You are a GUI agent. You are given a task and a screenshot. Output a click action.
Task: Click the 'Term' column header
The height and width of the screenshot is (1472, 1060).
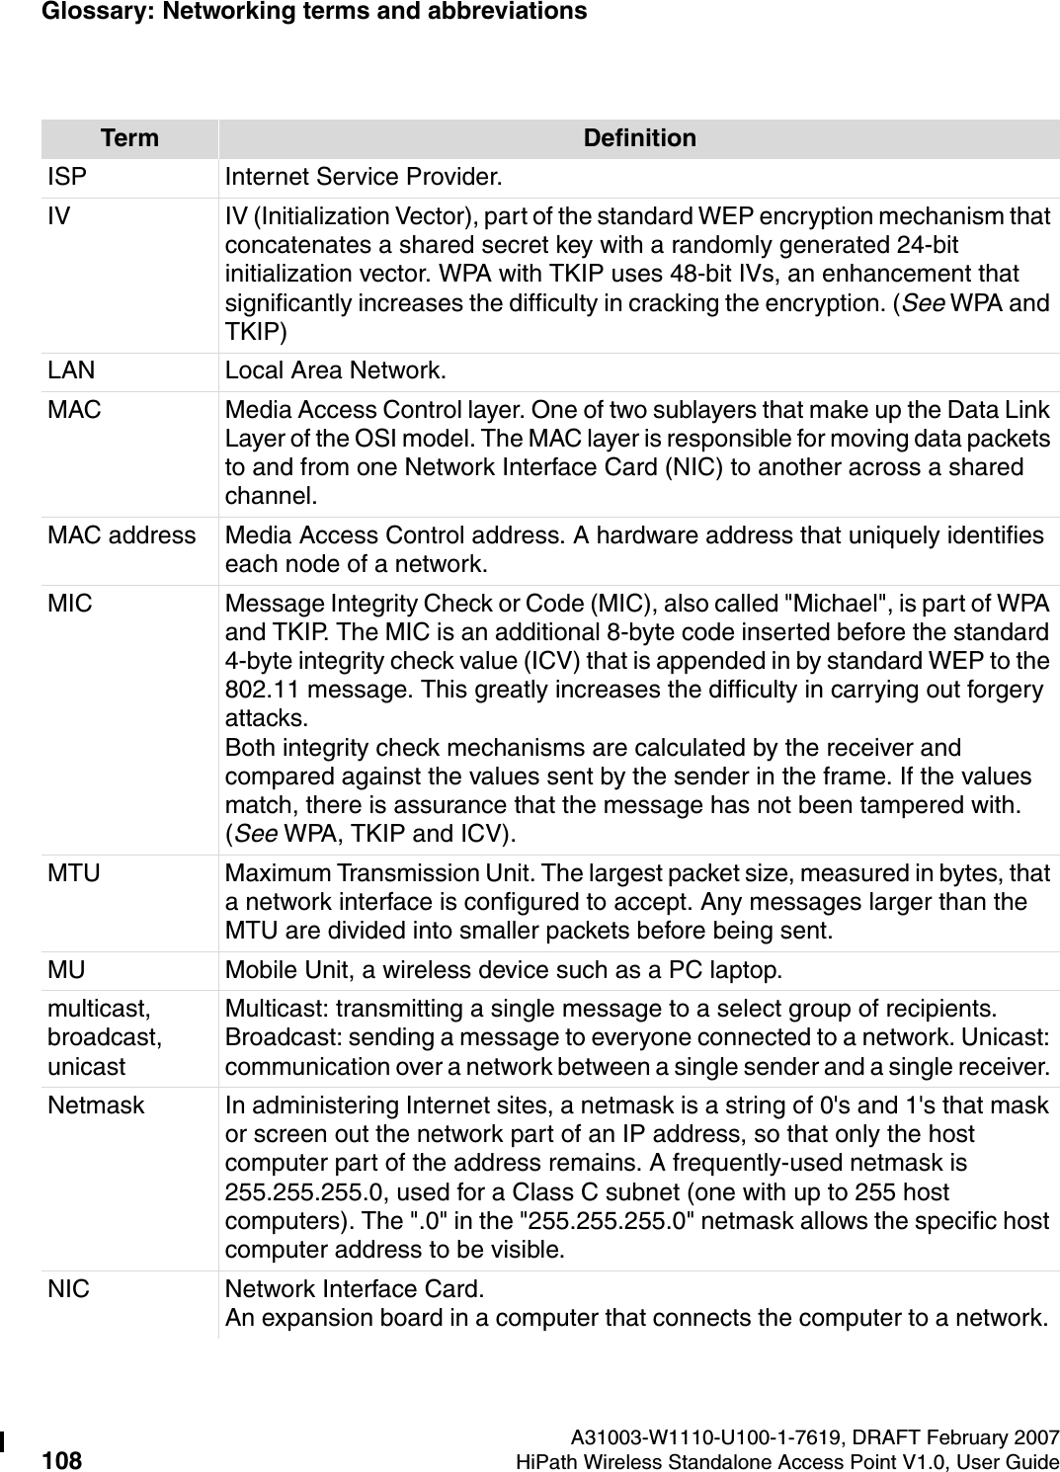(129, 138)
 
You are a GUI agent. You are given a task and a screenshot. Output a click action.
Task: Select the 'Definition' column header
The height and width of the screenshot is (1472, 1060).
(639, 138)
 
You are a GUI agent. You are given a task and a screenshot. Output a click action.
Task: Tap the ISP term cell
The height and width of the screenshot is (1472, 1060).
(67, 178)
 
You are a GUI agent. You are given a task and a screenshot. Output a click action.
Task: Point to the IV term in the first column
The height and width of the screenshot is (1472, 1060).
(58, 216)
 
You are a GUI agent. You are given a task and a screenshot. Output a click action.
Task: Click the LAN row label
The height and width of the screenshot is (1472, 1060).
(71, 371)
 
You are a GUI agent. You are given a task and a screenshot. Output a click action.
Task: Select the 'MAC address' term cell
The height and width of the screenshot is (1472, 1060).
(122, 535)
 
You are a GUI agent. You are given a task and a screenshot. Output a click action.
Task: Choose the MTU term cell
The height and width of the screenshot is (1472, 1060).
(74, 873)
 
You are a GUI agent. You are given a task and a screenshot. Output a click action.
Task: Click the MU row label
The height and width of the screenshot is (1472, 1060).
(66, 970)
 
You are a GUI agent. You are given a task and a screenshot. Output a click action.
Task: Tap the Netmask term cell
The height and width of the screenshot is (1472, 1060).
(96, 1105)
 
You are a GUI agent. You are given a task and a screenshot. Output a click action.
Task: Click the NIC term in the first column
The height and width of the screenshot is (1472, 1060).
(68, 1290)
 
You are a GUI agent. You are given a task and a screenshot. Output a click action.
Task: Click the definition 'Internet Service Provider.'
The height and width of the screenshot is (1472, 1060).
(363, 178)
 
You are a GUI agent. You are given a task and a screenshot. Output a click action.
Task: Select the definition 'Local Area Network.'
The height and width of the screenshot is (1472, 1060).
(335, 371)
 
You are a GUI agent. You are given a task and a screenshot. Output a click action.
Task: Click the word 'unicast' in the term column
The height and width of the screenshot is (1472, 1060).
(86, 1067)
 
